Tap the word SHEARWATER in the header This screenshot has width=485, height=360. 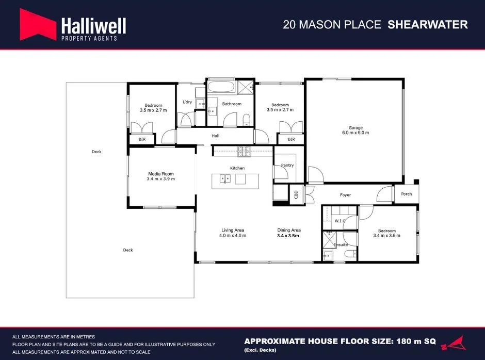coord(428,25)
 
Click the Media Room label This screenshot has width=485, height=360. coord(160,174)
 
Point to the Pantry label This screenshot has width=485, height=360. coord(287,166)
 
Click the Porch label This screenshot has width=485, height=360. coord(407,194)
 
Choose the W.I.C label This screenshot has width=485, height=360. coord(339,221)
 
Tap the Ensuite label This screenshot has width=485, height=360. coord(341,244)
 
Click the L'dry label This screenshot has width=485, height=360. coord(187,102)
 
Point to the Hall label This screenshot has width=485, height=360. coord(216,136)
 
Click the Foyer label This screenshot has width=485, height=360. coord(345,195)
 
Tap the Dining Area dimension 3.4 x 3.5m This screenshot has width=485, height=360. coord(288,236)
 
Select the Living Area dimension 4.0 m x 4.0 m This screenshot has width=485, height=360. coord(233,236)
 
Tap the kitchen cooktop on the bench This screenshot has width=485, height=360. coord(244,151)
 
